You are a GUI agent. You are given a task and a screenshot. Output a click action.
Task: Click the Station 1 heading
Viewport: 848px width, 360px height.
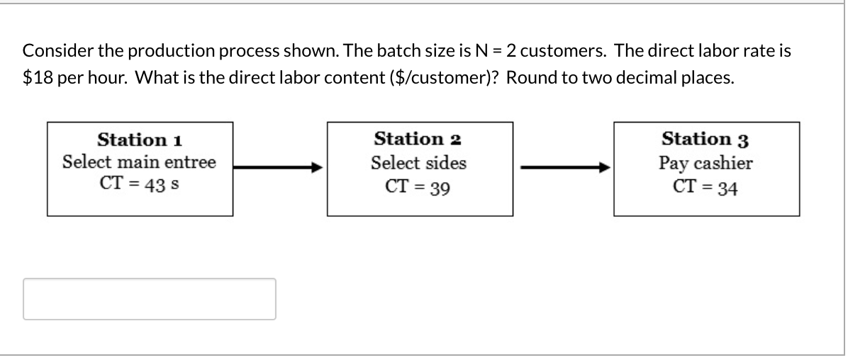click(140, 138)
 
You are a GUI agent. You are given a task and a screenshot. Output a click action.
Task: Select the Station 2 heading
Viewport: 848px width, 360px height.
click(419, 138)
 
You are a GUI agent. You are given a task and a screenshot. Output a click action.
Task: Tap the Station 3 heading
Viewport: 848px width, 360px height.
click(706, 139)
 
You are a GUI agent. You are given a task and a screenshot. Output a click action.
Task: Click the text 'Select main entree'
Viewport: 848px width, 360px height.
click(140, 162)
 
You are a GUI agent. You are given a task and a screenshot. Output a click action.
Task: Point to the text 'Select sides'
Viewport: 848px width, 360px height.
click(419, 163)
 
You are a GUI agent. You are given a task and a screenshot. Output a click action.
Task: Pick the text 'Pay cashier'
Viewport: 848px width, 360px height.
click(706, 164)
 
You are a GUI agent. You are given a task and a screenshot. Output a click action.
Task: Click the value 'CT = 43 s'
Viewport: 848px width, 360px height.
click(140, 184)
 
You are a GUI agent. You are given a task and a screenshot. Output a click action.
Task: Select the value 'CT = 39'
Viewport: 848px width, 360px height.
click(419, 187)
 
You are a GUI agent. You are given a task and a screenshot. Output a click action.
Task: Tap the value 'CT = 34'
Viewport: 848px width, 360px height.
click(706, 188)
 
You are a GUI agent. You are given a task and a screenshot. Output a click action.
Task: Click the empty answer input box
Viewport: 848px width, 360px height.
click(150, 299)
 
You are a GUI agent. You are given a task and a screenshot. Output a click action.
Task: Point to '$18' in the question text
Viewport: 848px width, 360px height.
click(35, 78)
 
